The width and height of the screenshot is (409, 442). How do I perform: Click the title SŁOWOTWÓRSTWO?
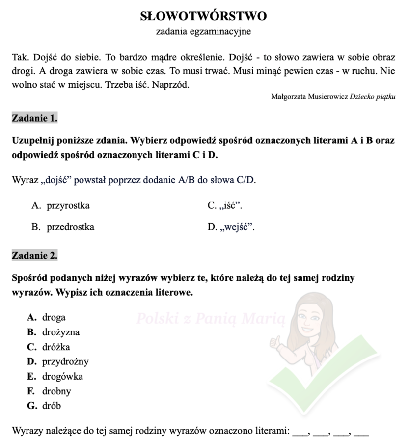204,16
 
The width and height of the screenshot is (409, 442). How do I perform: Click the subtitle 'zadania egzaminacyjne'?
204,32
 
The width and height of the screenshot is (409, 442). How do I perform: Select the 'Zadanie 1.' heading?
34,118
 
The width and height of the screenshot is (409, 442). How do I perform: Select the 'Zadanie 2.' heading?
34,255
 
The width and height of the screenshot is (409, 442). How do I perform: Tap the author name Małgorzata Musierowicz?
309,97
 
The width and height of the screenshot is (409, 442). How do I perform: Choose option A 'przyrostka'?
68,206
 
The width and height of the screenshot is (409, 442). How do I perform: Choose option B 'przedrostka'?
70,227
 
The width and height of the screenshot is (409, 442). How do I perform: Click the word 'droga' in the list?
54,317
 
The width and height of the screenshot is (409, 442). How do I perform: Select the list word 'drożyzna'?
60,332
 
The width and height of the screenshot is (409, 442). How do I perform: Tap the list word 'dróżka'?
56,347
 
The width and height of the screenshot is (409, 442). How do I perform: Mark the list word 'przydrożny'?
65,362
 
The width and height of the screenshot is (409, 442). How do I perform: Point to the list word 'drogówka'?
62,377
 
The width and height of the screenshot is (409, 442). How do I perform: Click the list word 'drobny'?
56,391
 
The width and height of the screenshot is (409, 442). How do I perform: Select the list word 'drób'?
52,406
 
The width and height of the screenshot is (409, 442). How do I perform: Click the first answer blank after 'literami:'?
300,433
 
